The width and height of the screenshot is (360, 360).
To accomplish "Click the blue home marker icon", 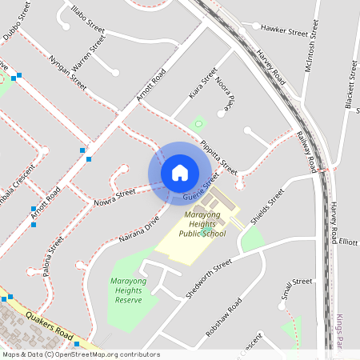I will point(179,173).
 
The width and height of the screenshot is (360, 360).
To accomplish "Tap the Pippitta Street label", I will point(219,157).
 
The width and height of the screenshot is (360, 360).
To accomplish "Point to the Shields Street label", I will point(267,207).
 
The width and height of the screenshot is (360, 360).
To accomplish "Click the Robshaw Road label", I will point(223,318).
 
